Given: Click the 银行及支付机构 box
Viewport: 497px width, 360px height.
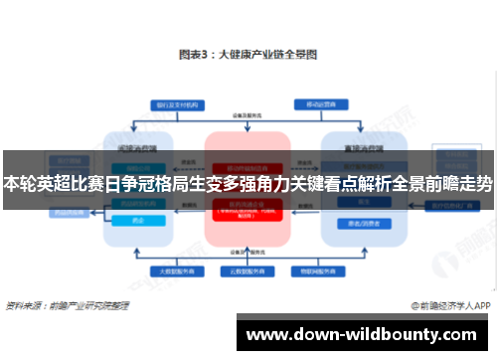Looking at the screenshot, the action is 172,103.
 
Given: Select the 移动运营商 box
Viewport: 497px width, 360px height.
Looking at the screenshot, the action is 320,103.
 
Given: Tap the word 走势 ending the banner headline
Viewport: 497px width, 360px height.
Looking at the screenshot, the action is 474,184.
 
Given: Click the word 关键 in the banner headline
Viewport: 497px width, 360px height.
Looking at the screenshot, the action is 310,184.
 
